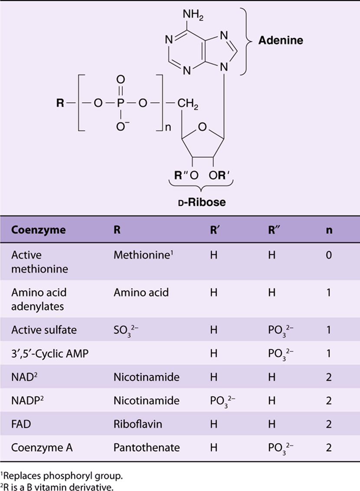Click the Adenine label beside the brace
pyautogui.click(x=281, y=40)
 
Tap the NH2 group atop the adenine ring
pyautogui.click(x=193, y=14)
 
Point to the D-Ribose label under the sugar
pyautogui.click(x=202, y=202)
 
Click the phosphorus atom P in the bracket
pyautogui.click(x=120, y=103)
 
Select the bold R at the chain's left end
pyautogui.click(x=60, y=103)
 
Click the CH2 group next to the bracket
pyautogui.click(x=188, y=103)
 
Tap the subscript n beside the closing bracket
pyautogui.click(x=168, y=127)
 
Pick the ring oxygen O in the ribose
pyautogui.click(x=203, y=127)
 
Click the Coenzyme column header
pyautogui.click(x=38, y=230)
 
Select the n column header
pyautogui.click(x=329, y=230)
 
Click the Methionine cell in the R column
pyautogui.click(x=143, y=255)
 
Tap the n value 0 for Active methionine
pyautogui.click(x=329, y=255)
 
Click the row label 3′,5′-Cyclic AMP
pyautogui.click(x=50, y=354)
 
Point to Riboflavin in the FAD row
pyautogui.click(x=138, y=424)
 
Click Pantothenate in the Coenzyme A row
pyautogui.click(x=147, y=448)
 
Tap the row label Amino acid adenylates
pyautogui.click(x=39, y=299)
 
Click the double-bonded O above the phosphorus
pyautogui.click(x=120, y=79)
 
